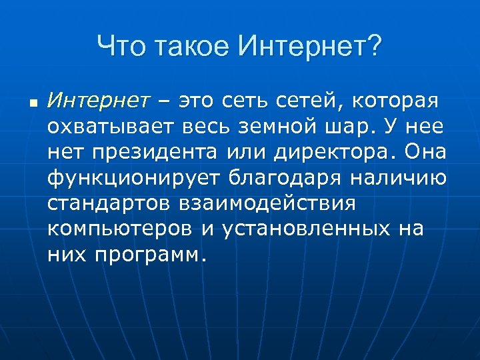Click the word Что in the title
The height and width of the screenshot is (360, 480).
pyautogui.click(x=121, y=47)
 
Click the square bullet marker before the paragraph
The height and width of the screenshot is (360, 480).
pyautogui.click(x=33, y=104)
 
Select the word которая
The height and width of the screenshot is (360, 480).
pyautogui.click(x=397, y=101)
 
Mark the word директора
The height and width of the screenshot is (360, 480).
pyautogui.click(x=331, y=151)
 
